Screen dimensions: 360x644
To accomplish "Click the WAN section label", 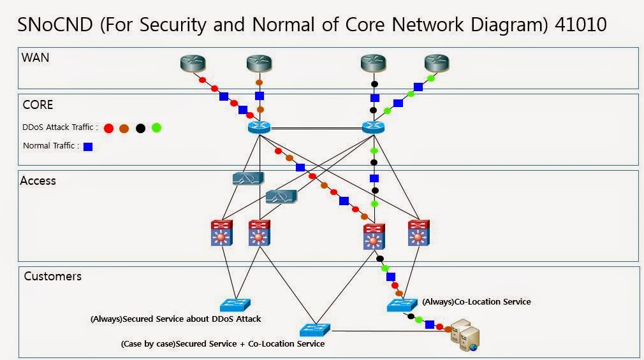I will click(x=36, y=57).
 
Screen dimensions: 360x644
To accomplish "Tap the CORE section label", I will click(x=38, y=104).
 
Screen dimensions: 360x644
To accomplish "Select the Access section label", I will click(x=38, y=180).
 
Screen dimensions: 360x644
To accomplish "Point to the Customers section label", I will click(x=53, y=276).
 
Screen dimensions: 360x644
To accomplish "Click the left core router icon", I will click(x=260, y=127).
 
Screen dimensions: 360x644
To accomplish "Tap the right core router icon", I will click(x=373, y=127).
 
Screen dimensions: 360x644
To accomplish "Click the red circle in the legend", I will click(x=108, y=128).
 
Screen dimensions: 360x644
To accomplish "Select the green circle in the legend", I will click(x=156, y=128).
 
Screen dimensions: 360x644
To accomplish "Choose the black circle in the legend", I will click(x=140, y=128).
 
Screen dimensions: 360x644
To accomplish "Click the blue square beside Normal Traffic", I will click(x=88, y=147).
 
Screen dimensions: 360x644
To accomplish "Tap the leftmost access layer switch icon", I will click(x=223, y=233).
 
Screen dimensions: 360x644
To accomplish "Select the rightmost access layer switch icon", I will click(x=418, y=233).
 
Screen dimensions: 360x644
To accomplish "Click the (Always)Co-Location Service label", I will click(x=476, y=301).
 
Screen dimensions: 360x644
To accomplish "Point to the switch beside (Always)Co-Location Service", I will click(x=402, y=305).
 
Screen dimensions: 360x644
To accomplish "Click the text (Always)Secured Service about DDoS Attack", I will click(x=175, y=319).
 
